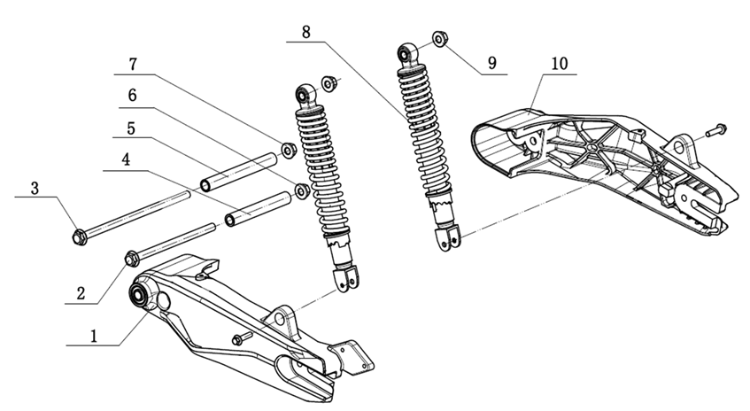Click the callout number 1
pos(94,336)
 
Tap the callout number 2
pos(81,293)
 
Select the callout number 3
pos(35,189)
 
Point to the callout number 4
pos(126,159)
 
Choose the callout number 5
pos(131,128)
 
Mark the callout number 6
pos(132,96)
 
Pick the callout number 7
pos(133,64)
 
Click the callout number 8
pos(306,32)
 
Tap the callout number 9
pos(492,63)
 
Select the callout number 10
pos(559,63)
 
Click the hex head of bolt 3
pos(80,237)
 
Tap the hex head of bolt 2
pos(132,259)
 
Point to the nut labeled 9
pos(439,39)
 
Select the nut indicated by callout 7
pos(289,151)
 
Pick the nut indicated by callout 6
pos(302,191)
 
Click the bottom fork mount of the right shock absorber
pos(447,237)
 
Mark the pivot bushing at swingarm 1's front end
pos(139,293)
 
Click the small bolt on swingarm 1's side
pos(242,338)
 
